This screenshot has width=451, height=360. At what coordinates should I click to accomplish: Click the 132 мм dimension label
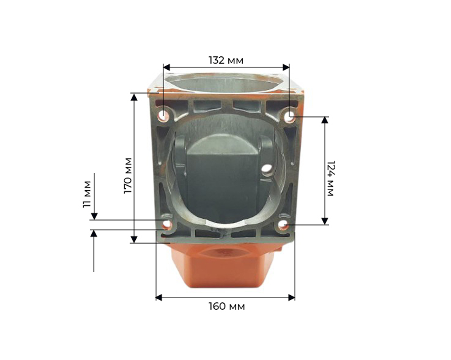(x=225, y=59)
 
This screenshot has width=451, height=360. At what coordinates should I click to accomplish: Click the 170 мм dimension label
(x=128, y=176)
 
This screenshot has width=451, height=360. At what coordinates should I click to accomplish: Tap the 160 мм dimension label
(x=226, y=307)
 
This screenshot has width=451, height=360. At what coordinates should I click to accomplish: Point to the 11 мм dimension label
(x=87, y=193)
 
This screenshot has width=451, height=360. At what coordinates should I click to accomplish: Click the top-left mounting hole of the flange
(x=162, y=115)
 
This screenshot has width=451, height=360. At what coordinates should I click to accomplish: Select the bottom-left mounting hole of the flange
(x=167, y=224)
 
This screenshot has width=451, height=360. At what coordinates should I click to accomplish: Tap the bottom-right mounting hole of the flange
(x=283, y=224)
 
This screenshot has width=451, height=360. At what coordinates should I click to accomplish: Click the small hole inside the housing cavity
(x=267, y=169)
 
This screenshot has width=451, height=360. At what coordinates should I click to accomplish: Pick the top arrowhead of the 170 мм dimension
(x=133, y=97)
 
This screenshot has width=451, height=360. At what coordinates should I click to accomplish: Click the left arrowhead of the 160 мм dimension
(x=159, y=297)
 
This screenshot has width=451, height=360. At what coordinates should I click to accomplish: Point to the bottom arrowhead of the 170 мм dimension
(x=133, y=239)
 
